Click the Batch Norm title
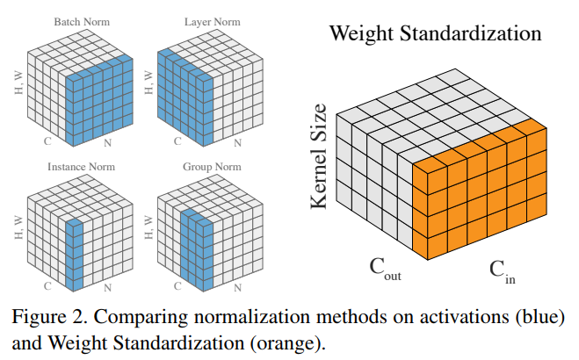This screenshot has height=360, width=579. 81,17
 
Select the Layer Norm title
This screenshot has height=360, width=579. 205,17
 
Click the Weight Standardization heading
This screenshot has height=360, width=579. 435,34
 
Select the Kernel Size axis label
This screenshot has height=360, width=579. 320,157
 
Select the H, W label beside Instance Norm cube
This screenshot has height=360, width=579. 19,227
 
